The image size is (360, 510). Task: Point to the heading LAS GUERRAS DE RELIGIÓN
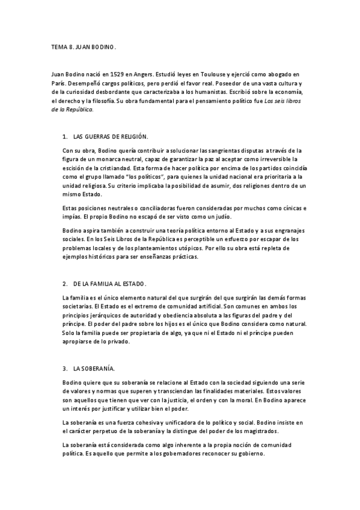pyautogui.click(x=111, y=137)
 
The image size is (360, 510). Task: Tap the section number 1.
pyautogui.click(x=64, y=137)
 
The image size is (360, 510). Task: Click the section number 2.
pyautogui.click(x=64, y=283)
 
